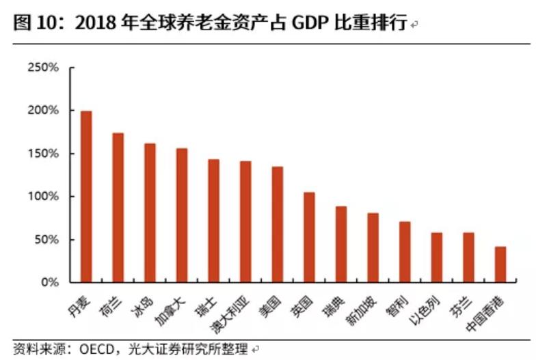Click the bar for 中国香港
(x=500, y=264)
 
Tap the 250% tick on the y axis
(x=46, y=68)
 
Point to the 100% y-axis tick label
(x=46, y=197)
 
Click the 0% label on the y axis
(x=51, y=282)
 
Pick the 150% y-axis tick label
(x=46, y=154)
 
